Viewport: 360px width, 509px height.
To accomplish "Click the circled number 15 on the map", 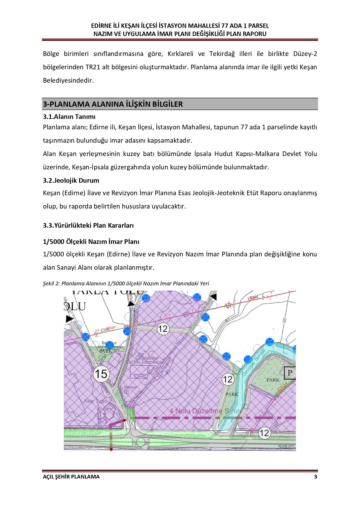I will (x=101, y=374).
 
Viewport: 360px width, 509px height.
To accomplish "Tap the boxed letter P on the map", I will (x=290, y=373).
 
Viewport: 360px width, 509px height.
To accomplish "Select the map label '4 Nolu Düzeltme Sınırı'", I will (x=205, y=411).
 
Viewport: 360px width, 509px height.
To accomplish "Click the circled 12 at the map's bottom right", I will (x=264, y=433).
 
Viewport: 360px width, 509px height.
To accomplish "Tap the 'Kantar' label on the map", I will (x=130, y=387).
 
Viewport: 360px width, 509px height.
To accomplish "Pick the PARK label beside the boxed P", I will (x=273, y=380).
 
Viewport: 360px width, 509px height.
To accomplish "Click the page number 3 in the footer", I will (x=315, y=477).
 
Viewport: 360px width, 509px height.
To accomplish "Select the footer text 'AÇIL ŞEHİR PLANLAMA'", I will (x=71, y=477).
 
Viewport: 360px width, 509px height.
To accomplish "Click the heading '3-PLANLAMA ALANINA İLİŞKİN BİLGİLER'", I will (x=113, y=104).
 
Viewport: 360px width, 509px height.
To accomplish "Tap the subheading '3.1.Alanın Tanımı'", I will (x=69, y=117).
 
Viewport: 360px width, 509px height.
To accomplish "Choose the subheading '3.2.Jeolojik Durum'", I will (x=71, y=180).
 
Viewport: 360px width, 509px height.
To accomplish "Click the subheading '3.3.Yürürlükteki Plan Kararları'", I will (x=88, y=225).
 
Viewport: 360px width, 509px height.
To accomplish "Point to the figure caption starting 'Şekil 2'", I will (x=126, y=284).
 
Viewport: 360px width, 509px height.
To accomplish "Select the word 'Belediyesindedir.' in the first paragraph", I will (x=68, y=80).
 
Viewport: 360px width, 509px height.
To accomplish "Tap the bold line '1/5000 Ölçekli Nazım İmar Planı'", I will (x=91, y=242).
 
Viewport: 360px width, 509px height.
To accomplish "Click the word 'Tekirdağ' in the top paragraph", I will (x=222, y=54).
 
